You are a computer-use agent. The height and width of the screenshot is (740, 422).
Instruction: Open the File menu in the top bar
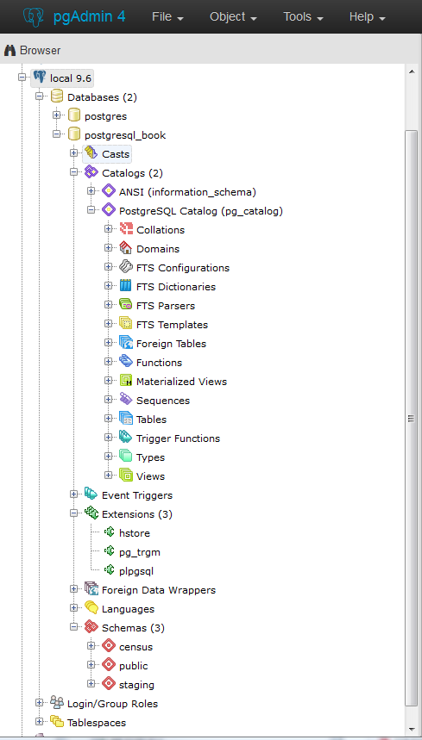167,17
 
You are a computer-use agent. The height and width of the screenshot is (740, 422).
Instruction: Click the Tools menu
304,17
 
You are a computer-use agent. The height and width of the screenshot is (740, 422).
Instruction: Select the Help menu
367,17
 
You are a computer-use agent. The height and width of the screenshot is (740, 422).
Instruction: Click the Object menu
234,17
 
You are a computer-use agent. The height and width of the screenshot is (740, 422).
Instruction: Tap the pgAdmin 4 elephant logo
34,16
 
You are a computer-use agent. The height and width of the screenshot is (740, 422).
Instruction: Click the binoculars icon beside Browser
9,50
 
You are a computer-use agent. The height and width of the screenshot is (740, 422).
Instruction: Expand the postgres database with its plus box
57,115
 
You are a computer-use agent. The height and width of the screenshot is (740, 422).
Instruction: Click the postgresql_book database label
125,135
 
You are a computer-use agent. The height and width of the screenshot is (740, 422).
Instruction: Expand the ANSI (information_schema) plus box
91,190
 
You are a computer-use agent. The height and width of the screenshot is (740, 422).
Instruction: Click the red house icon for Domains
126,248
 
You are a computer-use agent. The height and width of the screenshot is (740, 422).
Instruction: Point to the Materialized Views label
181,382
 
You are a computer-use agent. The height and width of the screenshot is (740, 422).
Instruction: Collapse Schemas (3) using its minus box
73,627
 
